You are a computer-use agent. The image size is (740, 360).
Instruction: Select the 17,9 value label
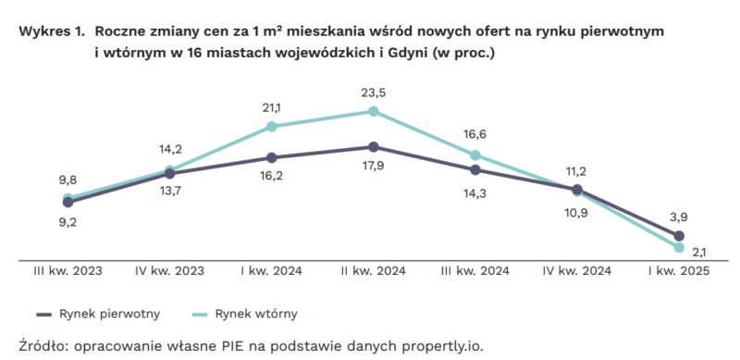coord(373,168)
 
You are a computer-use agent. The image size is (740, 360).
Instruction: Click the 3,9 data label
coord(678,217)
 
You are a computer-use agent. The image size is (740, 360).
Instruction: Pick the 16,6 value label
coord(475,135)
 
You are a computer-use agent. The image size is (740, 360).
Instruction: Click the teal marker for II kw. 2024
coord(373,111)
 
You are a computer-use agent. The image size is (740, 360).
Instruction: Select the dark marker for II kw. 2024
coord(373,146)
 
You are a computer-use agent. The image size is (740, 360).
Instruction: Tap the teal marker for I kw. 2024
coord(271,126)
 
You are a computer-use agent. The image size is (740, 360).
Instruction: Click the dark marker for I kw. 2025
coord(679,236)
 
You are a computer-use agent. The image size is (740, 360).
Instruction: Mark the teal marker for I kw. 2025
coord(679,247)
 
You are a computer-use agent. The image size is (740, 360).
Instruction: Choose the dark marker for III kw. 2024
coord(475,169)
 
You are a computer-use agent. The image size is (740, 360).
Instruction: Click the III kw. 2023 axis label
coord(68,273)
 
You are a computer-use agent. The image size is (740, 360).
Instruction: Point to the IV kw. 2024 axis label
coord(576,273)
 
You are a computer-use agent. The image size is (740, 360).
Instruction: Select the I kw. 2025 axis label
coord(678,273)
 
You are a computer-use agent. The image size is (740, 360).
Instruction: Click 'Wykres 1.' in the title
coord(52,32)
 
